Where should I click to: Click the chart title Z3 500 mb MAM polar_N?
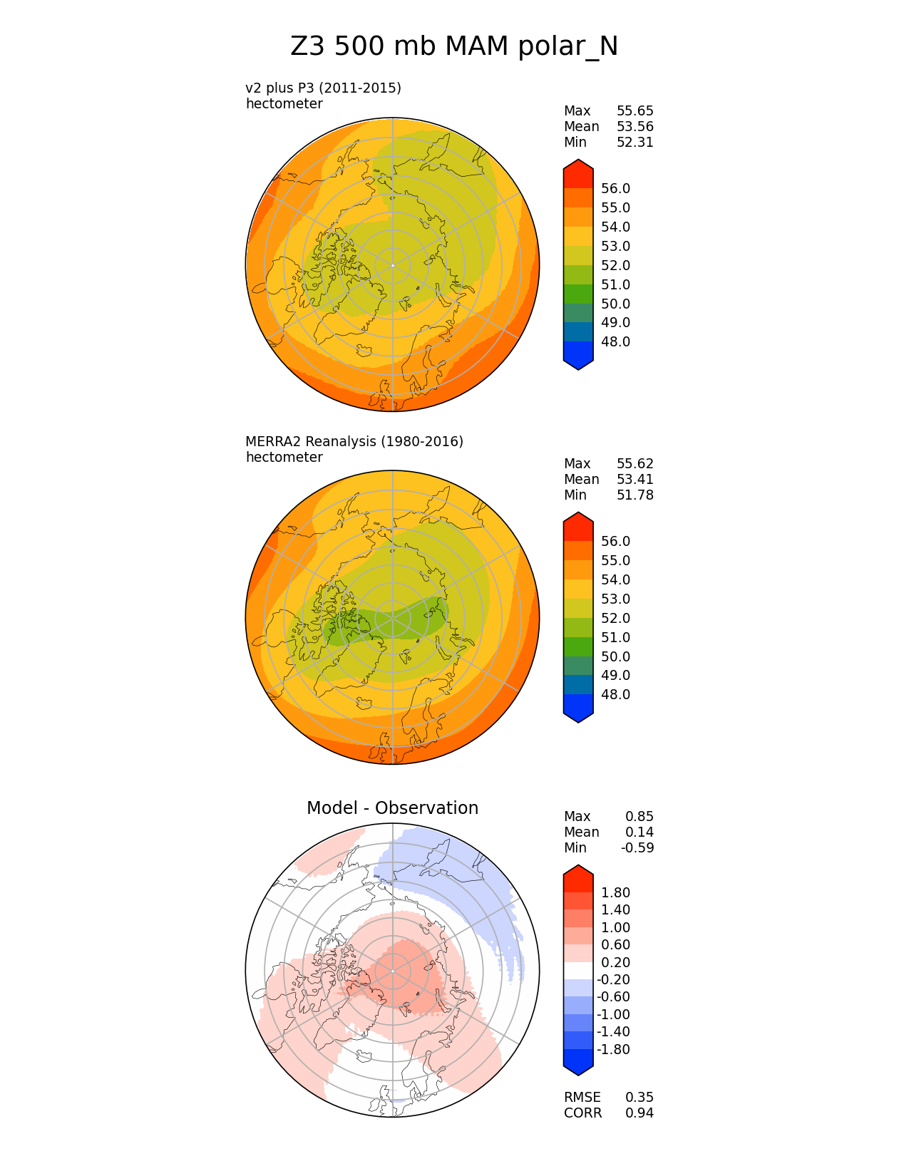tap(454, 47)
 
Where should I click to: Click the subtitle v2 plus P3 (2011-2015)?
tap(323, 88)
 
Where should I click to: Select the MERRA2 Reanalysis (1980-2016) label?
tap(354, 441)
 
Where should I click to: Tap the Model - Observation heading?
tap(392, 808)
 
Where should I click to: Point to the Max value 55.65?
tap(635, 111)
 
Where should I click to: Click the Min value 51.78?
tap(635, 495)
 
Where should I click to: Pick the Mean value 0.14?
tap(639, 832)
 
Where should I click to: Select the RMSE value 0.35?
tap(639, 1098)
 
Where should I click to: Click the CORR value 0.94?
tap(639, 1113)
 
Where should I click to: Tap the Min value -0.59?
tap(637, 848)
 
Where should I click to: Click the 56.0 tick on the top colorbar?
tap(615, 189)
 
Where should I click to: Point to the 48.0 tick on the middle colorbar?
tap(615, 695)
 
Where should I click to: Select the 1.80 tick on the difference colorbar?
tap(615, 893)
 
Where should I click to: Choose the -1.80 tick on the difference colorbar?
tap(613, 1050)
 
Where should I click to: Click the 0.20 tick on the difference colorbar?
tap(615, 963)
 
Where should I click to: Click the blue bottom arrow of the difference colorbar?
tap(578, 1065)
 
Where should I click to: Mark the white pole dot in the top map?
tap(392, 265)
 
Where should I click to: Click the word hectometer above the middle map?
tap(284, 458)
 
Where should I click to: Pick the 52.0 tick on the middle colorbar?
tap(615, 619)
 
